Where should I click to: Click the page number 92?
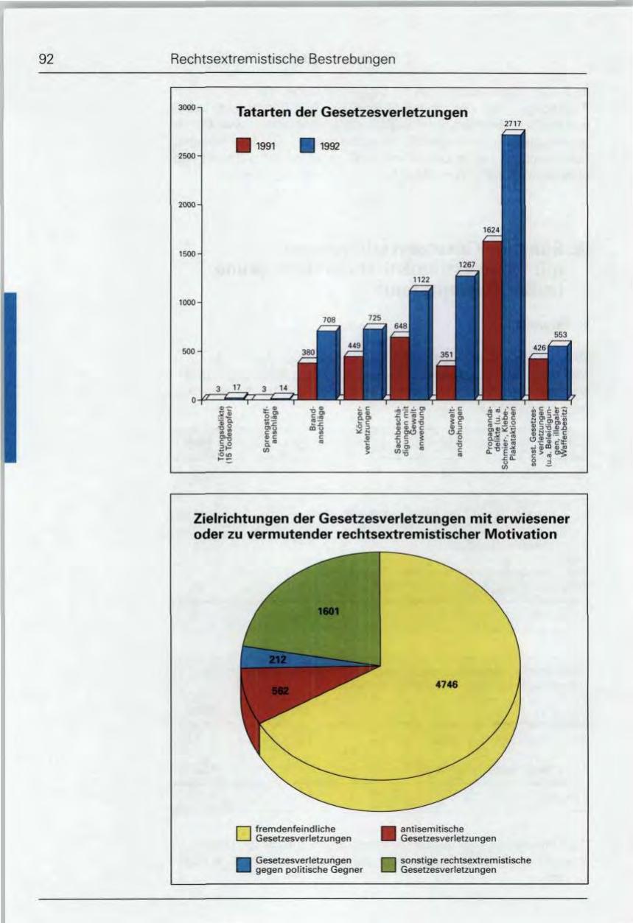(49, 60)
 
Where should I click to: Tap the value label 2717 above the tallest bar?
(513, 124)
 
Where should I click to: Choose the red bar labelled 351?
(444, 381)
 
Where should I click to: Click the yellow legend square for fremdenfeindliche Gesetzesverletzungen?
(243, 833)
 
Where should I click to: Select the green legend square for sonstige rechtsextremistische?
(388, 865)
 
